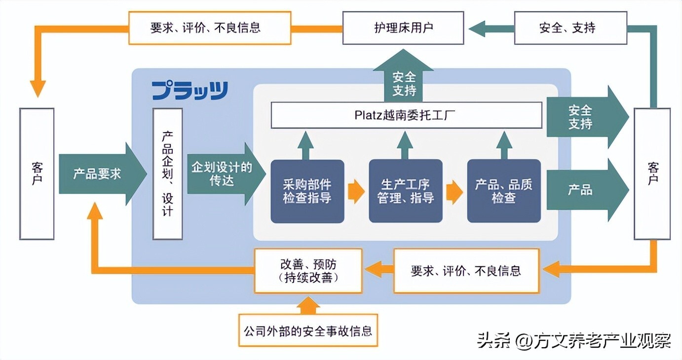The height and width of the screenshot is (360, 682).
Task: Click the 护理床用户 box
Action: click(x=403, y=28)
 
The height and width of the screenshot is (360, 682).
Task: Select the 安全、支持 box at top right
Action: click(x=570, y=28)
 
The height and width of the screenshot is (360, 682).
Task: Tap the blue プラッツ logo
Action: click(x=189, y=91)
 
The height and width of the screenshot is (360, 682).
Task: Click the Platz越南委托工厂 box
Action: click(x=406, y=115)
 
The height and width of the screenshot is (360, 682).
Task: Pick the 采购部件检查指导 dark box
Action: click(x=307, y=191)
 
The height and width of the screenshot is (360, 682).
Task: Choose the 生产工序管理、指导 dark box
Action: click(x=406, y=191)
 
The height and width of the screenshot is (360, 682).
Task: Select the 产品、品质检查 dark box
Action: click(x=504, y=191)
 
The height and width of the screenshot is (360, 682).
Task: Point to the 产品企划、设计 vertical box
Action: click(x=167, y=174)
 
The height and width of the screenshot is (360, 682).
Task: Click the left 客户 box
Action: click(x=37, y=174)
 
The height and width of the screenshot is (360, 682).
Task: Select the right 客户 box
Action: click(x=652, y=174)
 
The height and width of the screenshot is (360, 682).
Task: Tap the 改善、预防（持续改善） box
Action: click(x=308, y=271)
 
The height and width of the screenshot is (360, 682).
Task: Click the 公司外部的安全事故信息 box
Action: click(x=307, y=330)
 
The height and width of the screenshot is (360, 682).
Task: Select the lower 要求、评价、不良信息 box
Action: click(x=466, y=271)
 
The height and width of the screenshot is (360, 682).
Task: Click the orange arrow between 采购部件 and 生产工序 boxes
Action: click(x=356, y=192)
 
